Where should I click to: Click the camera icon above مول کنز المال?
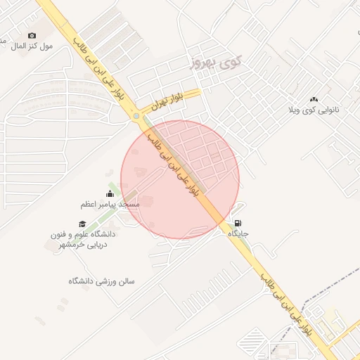pyautogui.click(x=32, y=35)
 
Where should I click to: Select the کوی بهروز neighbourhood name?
pyautogui.click(x=215, y=63)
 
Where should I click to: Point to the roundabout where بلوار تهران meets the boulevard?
pyautogui.click(x=136, y=116)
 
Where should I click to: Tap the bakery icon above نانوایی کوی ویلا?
pyautogui.click(x=314, y=100)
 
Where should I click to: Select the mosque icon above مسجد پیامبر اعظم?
pyautogui.click(x=109, y=194)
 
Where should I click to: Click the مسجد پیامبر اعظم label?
pyautogui.click(x=109, y=204)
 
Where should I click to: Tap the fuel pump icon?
pyautogui.click(x=236, y=224)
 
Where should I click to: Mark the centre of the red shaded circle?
pyautogui.click(x=180, y=179)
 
